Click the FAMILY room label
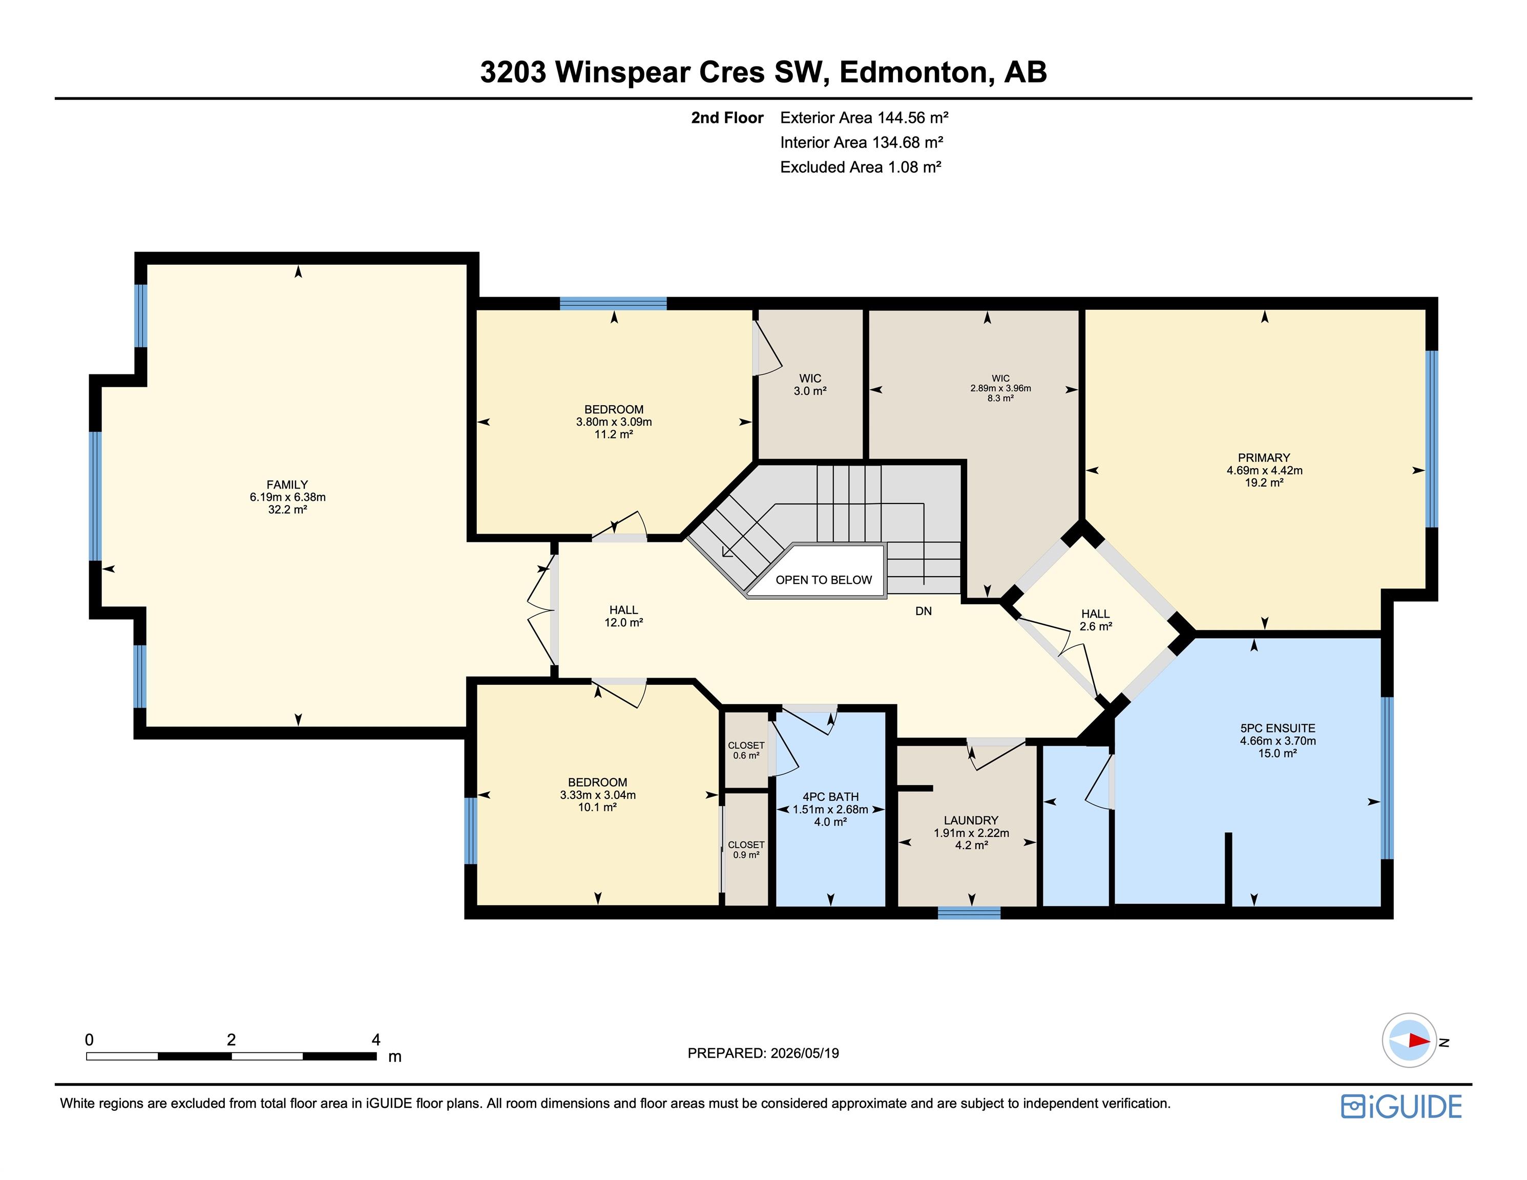tap(287, 484)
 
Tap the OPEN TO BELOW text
tap(824, 580)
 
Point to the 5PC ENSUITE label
tap(1278, 728)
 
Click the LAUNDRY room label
tap(971, 820)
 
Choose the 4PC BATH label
tap(831, 796)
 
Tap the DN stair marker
tap(924, 611)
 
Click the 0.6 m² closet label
tap(746, 755)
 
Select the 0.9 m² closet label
tap(746, 855)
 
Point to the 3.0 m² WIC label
tap(810, 391)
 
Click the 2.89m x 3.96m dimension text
tap(1000, 389)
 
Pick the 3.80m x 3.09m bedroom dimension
tap(614, 422)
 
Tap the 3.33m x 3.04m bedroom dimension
tap(598, 795)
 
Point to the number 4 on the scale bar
tap(375, 1040)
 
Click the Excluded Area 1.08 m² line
tap(861, 167)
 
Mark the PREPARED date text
tap(763, 1053)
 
